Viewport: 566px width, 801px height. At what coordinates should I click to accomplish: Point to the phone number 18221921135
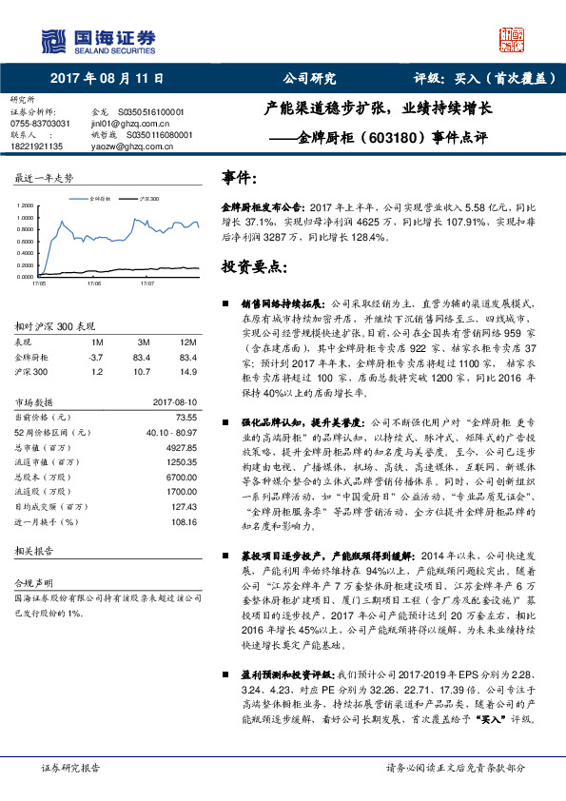coord(37,146)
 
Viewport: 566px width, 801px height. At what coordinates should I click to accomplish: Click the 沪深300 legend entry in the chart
coord(146,199)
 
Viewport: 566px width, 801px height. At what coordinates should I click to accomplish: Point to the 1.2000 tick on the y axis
coord(25,205)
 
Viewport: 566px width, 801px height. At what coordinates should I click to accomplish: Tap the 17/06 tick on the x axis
coord(93,283)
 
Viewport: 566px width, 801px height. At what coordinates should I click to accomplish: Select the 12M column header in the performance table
coord(188,342)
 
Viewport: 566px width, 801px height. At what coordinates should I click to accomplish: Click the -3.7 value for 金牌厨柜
coord(95,356)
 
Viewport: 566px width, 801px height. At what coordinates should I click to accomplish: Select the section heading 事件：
coord(240,178)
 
